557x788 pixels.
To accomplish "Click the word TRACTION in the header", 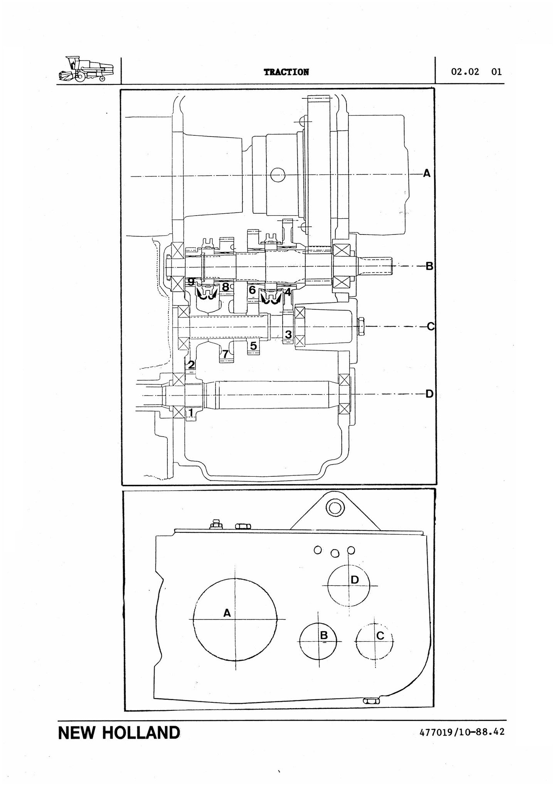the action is coord(286,72).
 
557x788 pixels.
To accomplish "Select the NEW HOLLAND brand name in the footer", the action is coord(119,733).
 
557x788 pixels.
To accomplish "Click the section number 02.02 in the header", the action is coord(465,72).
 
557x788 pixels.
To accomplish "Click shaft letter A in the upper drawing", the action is coord(426,174).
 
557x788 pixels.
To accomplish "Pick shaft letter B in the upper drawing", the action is coord(429,266).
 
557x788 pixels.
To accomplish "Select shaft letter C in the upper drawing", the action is coord(431,327).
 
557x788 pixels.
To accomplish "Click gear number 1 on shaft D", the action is coord(190,413).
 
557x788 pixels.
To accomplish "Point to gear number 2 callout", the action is coord(191,364).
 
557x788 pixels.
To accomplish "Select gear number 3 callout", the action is coord(288,334).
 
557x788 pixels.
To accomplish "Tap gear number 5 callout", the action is coord(253,346).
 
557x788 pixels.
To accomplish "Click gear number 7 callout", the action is coord(225,353).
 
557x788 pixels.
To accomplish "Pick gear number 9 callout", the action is coord(191,282).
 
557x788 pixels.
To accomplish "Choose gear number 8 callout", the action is coord(225,287).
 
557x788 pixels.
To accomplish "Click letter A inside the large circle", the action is coord(227,613).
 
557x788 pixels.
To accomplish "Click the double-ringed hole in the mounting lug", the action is coord(333,508).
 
